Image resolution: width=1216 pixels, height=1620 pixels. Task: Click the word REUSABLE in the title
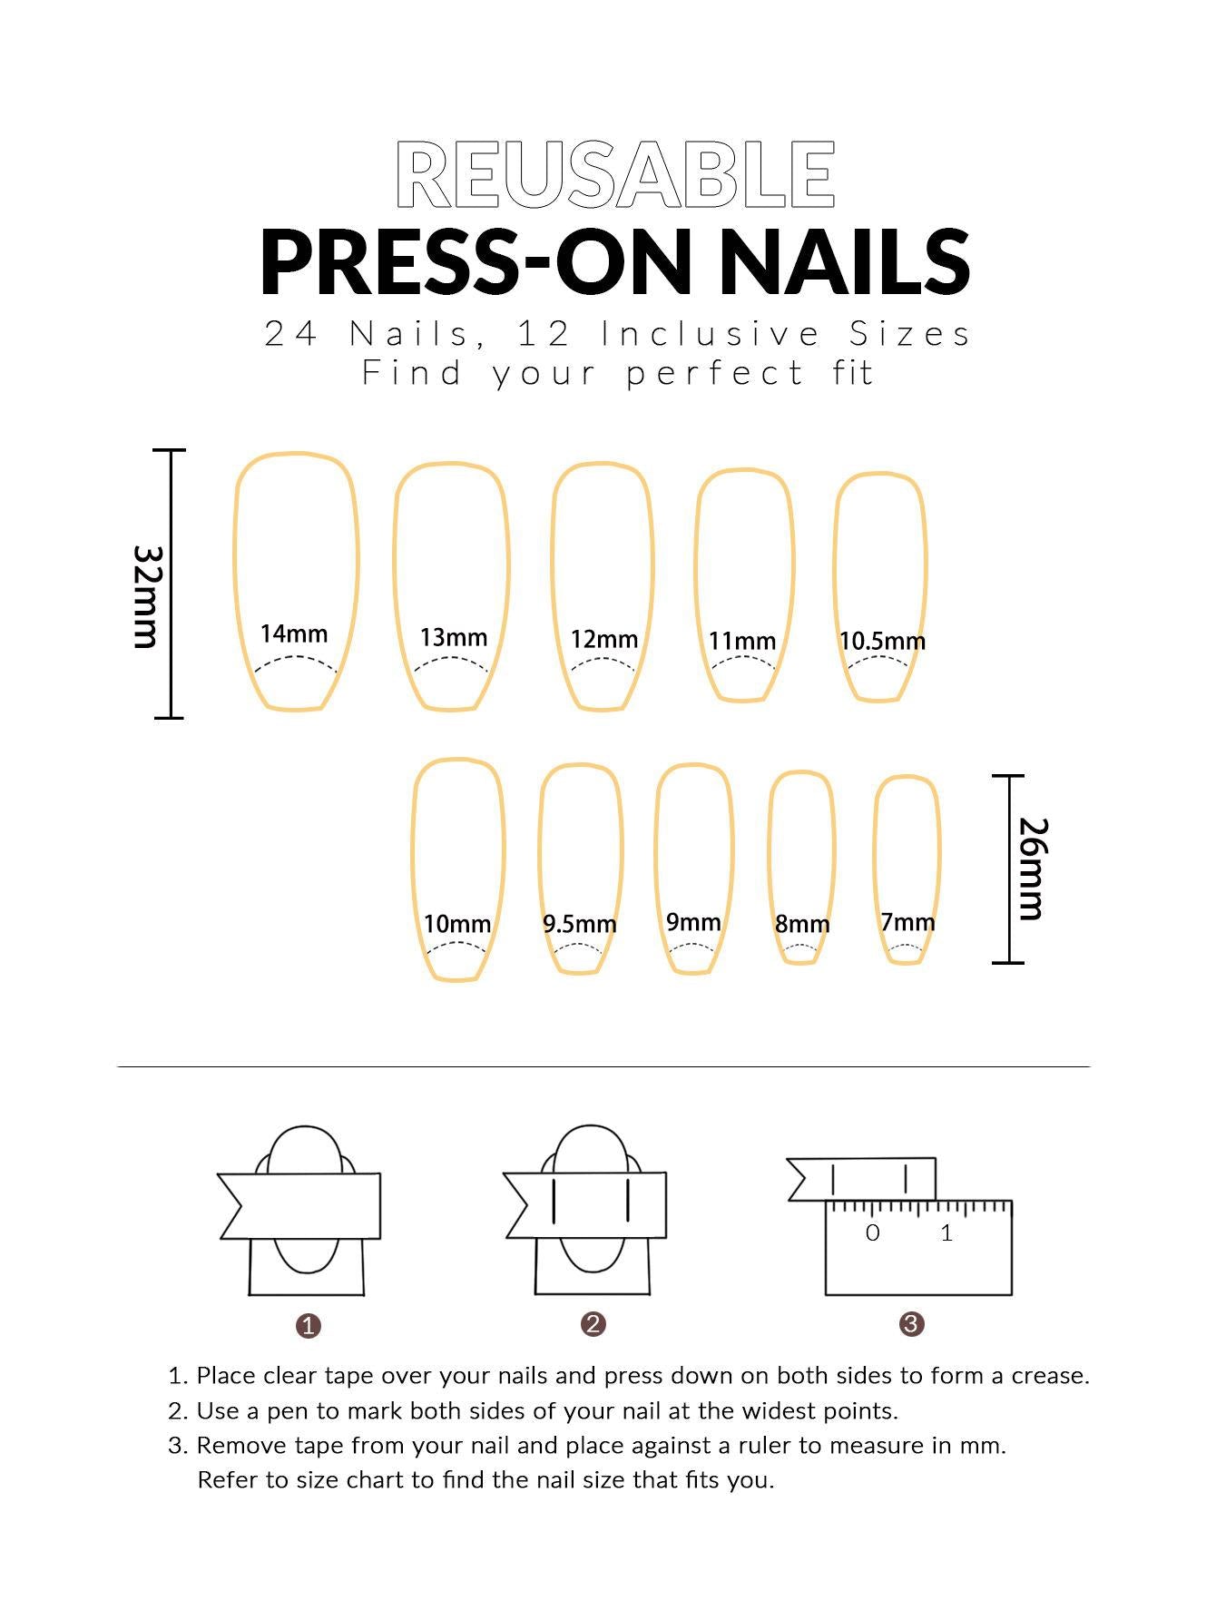pyautogui.click(x=615, y=174)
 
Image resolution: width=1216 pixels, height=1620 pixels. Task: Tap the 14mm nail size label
pyautogui.click(x=294, y=633)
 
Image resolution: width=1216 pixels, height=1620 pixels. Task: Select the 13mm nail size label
pyautogui.click(x=453, y=638)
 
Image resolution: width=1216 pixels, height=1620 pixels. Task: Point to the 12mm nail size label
pyautogui.click(x=603, y=640)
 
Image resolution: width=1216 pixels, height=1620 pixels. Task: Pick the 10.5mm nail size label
pyautogui.click(x=882, y=642)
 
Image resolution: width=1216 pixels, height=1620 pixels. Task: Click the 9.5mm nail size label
pyautogui.click(x=579, y=924)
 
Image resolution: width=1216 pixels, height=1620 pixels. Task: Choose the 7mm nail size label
pyautogui.click(x=907, y=922)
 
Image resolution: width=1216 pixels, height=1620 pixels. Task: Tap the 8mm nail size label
pyautogui.click(x=802, y=924)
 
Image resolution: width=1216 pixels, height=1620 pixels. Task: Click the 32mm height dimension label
pyautogui.click(x=146, y=596)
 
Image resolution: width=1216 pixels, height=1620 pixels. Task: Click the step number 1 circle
pyautogui.click(x=309, y=1326)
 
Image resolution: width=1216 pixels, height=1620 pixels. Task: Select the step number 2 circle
pyautogui.click(x=593, y=1324)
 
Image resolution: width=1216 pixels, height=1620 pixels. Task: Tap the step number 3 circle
pyautogui.click(x=911, y=1324)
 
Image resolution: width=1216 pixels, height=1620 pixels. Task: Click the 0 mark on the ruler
pyautogui.click(x=872, y=1232)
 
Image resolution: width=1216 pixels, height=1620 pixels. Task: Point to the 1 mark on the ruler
pyautogui.click(x=946, y=1232)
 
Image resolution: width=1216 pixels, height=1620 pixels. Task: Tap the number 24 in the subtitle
pyautogui.click(x=291, y=334)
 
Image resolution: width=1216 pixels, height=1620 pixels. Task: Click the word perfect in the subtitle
pyautogui.click(x=715, y=374)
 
